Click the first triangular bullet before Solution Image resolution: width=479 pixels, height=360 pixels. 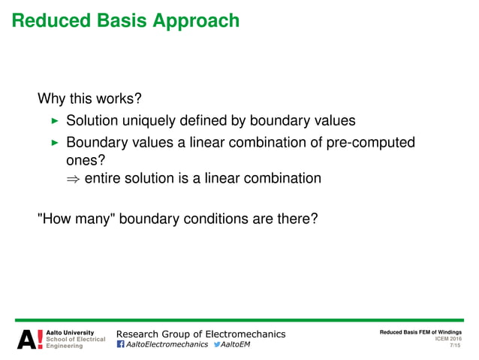(53, 121)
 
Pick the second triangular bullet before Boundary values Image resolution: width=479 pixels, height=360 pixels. (53, 143)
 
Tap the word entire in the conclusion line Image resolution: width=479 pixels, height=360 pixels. (104, 179)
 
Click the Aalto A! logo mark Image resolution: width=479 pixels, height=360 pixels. (30, 339)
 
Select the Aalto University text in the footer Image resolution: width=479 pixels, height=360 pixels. (71, 332)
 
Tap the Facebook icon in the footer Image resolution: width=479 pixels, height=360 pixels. (121, 345)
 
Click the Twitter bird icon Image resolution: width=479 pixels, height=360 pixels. (218, 345)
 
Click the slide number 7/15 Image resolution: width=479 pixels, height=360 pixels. (454, 346)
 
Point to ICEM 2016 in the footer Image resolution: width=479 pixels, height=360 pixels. (448, 339)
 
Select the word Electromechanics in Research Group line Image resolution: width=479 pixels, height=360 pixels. (240, 333)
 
